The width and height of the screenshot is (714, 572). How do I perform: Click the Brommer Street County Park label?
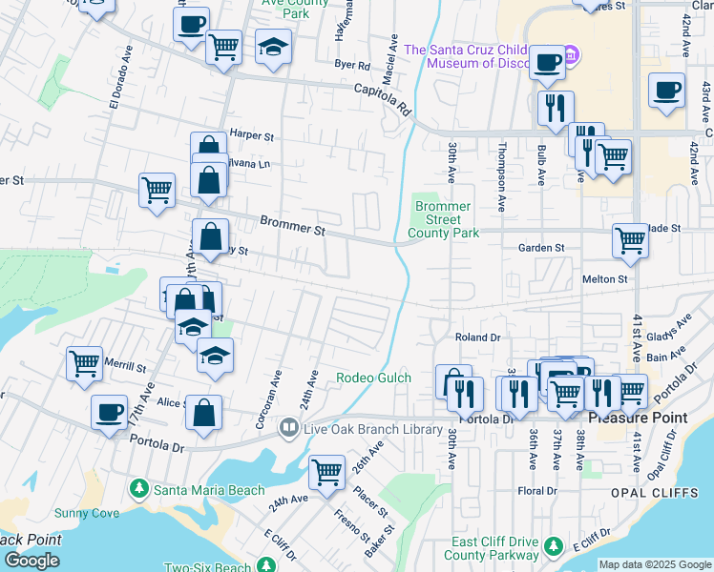point(443,219)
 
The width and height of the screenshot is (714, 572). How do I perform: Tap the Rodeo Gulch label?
point(373,378)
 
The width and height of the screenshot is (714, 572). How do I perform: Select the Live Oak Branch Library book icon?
point(288,428)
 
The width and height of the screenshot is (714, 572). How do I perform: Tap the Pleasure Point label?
point(631,418)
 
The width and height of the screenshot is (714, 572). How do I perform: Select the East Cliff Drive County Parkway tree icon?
point(553,546)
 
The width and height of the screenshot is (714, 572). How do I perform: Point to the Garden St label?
point(541,248)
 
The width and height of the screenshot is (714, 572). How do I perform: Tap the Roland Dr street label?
point(477,337)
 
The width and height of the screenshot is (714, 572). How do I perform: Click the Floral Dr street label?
point(536,491)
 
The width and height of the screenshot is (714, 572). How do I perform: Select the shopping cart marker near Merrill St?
point(84,362)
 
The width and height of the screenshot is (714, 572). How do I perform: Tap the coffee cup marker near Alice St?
point(109,411)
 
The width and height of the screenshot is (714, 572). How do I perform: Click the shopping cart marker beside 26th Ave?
point(326,471)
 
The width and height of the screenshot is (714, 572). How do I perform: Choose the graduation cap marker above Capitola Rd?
point(273,46)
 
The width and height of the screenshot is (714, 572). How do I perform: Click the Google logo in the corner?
point(32,562)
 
